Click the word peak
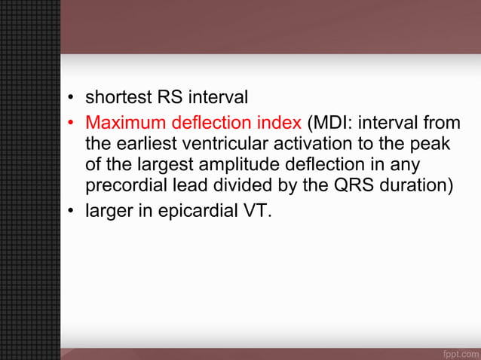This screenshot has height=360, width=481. tap(440, 142)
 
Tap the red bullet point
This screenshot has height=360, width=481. tap(70, 122)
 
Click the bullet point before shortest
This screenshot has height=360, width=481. tap(70, 99)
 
